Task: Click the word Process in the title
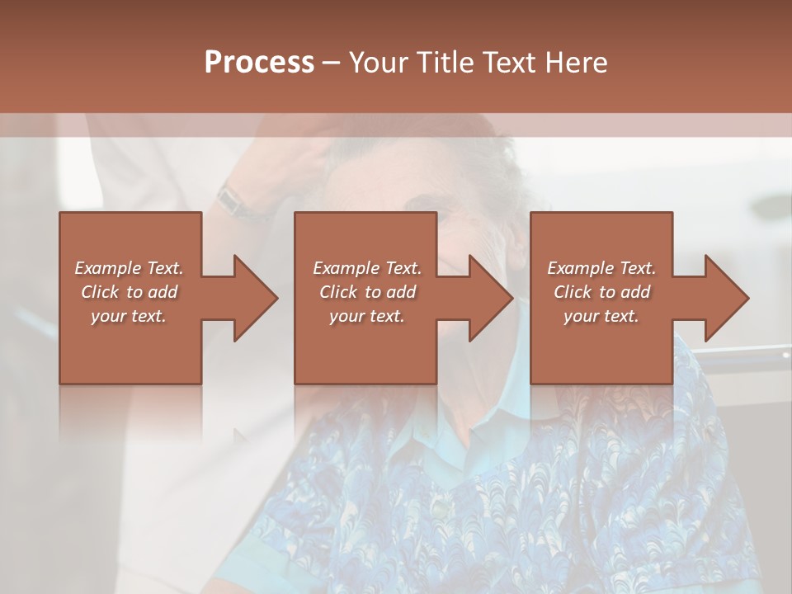[x=259, y=63]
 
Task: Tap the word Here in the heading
[x=574, y=63]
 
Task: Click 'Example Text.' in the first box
[x=129, y=268]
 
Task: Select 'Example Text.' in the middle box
[x=366, y=268]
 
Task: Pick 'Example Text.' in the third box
[x=601, y=268]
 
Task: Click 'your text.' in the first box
[x=129, y=316]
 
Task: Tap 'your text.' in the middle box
[x=366, y=316]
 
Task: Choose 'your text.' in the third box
[x=601, y=316]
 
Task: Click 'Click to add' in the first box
[x=129, y=292]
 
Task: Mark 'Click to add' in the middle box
[x=366, y=292]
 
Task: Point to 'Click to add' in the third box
[x=601, y=292]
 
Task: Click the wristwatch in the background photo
[x=234, y=200]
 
